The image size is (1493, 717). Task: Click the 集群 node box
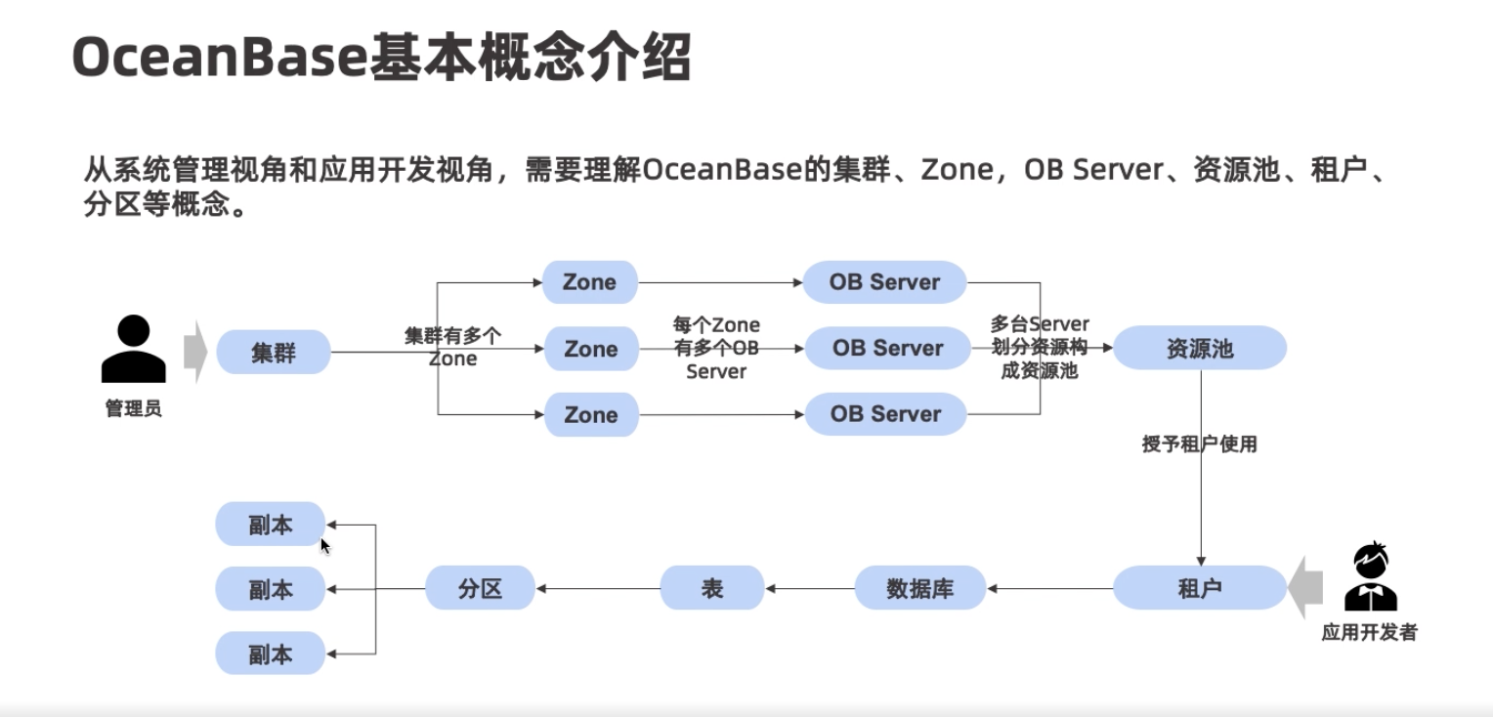click(x=273, y=352)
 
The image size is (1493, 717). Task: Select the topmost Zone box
click(x=590, y=282)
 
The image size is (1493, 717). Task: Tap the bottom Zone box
click(x=591, y=414)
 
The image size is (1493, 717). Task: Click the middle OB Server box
click(x=887, y=349)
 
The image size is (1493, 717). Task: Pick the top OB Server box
click(x=884, y=282)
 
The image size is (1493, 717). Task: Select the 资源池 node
click(x=1199, y=349)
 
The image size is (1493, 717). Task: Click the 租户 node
click(x=1199, y=588)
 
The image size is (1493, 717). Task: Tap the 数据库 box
click(x=919, y=589)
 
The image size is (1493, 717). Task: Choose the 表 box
click(x=711, y=589)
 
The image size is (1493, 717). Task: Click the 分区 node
click(x=480, y=589)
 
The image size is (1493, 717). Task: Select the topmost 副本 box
click(x=270, y=525)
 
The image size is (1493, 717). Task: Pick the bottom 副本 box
click(x=270, y=653)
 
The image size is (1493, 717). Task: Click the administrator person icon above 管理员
click(x=133, y=350)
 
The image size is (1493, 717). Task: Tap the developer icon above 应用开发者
click(x=1370, y=577)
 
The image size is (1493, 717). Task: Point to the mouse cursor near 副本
click(x=325, y=546)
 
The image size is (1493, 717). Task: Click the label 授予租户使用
click(x=1199, y=444)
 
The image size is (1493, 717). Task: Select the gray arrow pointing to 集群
click(x=195, y=352)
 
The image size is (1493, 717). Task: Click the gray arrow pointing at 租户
click(x=1305, y=589)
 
